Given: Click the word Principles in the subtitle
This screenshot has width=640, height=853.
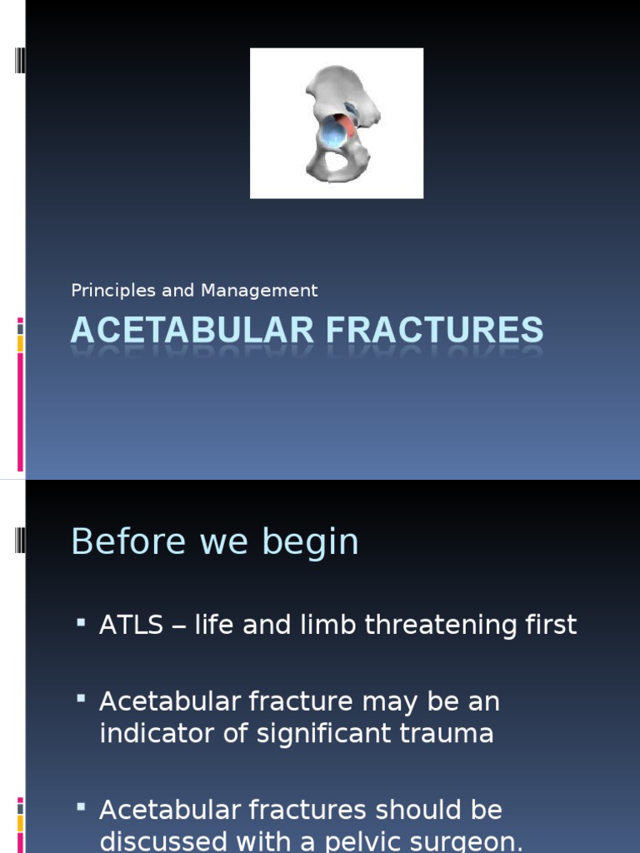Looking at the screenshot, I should (102, 291).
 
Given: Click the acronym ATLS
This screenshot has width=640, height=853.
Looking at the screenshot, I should (132, 625).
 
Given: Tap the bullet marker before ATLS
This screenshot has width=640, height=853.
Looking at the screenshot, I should (81, 622).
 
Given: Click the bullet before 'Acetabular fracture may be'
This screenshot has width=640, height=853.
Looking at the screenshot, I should (81, 699).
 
